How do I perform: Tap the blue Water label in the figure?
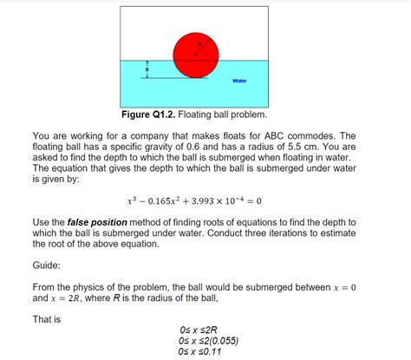[240, 81]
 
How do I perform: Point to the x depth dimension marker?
[147, 69]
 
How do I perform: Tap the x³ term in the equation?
[132, 200]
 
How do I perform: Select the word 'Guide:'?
[49, 268]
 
